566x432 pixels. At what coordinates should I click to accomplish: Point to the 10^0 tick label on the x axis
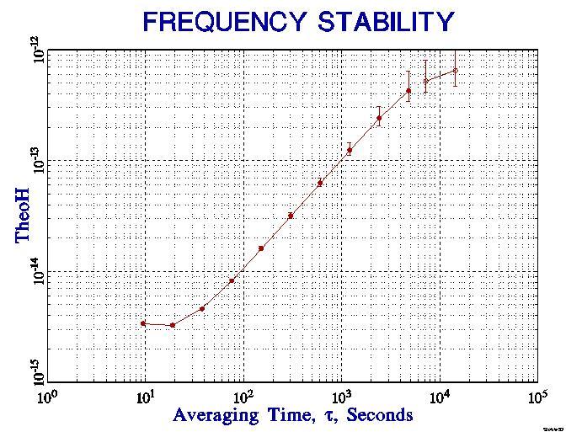[48, 395]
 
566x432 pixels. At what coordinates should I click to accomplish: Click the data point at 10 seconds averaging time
[144, 323]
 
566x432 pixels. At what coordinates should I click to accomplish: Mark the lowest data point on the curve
[173, 325]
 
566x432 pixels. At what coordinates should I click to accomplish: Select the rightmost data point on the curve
[456, 71]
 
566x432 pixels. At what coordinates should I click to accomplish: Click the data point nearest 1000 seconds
[350, 150]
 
